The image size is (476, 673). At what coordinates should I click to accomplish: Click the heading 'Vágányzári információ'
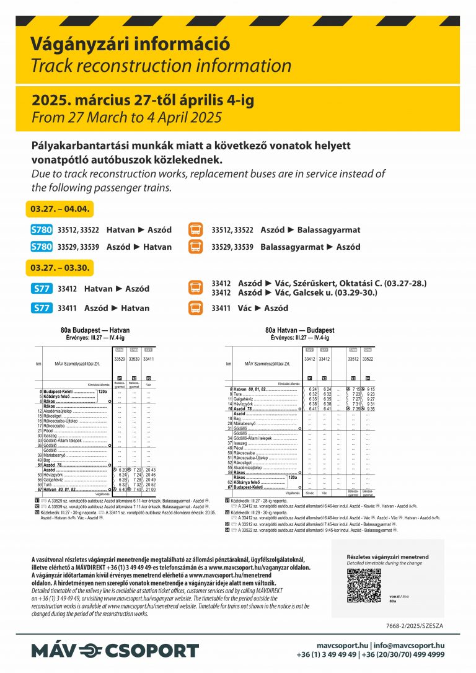(130, 45)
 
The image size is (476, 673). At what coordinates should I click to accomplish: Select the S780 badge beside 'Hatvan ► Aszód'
(42, 230)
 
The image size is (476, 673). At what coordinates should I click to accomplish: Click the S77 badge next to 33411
(42, 308)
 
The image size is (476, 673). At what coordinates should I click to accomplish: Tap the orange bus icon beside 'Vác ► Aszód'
(195, 308)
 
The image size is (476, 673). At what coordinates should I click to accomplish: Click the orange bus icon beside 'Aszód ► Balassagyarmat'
(195, 230)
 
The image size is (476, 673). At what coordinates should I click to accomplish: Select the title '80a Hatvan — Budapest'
(299, 330)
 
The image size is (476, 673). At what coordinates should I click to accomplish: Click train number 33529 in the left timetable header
(120, 359)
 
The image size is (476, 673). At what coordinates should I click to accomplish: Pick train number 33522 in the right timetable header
(368, 359)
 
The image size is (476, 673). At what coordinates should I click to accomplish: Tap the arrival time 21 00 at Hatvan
(149, 489)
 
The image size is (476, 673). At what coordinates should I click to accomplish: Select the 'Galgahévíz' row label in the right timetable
(247, 399)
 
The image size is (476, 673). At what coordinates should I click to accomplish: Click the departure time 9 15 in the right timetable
(370, 389)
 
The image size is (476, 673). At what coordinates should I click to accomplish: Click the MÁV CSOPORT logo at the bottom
(115, 651)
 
